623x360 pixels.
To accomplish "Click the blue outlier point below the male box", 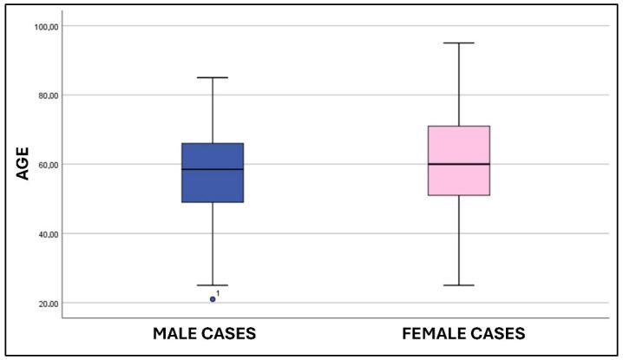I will click(213, 299).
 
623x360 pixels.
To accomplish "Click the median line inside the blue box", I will click(213, 169).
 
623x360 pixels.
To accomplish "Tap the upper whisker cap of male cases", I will click(213, 78).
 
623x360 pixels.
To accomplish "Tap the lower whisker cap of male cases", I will click(213, 285).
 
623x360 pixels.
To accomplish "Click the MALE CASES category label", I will click(204, 334).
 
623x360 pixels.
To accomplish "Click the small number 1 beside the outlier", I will click(218, 293).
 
